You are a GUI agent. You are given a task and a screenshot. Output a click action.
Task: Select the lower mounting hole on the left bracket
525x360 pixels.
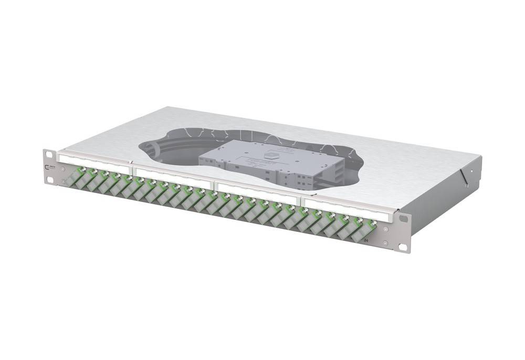50,179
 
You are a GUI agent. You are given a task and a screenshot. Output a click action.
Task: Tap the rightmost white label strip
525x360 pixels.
346,210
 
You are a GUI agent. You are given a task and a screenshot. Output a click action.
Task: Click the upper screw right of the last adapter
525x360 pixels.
386,229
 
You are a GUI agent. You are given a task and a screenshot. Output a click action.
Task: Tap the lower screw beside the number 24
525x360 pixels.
386,242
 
